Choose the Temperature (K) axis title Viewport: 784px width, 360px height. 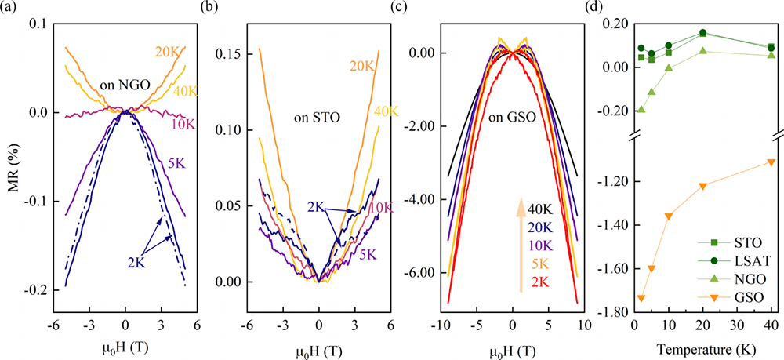pyautogui.click(x=708, y=347)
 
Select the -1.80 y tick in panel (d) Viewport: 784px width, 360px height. pyautogui.click(x=613, y=312)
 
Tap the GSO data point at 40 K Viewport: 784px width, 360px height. pyautogui.click(x=771, y=162)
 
